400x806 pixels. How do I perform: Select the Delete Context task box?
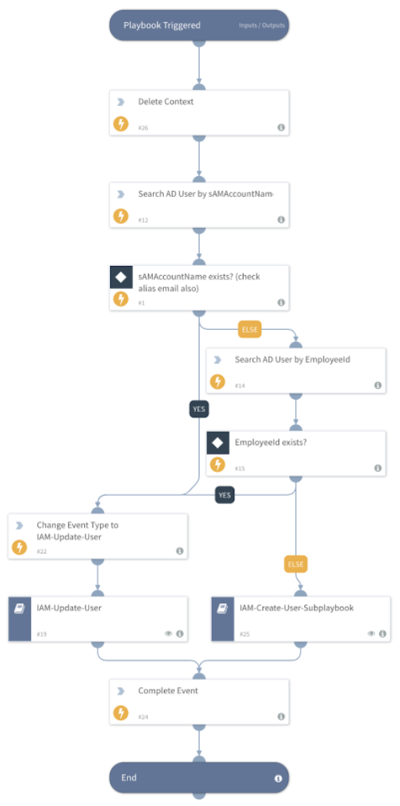coord(199,112)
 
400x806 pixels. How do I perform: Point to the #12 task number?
coord(143,220)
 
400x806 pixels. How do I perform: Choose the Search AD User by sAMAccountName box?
coord(199,204)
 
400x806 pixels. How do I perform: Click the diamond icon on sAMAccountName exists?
coord(121,276)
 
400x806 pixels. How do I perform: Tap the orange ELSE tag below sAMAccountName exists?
coord(250,330)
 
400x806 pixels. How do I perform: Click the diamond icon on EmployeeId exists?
coord(218,442)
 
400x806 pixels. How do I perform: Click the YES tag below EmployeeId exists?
coord(224,495)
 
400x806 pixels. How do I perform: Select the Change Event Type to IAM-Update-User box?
coord(97,535)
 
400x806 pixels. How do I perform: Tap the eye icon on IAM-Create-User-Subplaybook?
coord(368,634)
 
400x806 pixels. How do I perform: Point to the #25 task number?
coord(245,634)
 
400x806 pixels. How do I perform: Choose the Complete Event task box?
coord(199,702)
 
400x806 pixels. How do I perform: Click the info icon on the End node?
coord(278,778)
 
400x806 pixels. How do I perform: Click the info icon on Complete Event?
coord(281,717)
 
